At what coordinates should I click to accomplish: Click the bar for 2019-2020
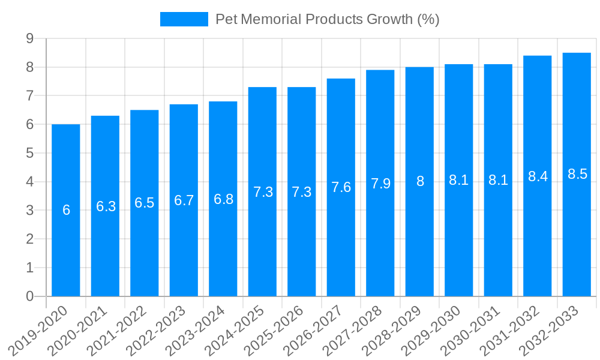(x=66, y=210)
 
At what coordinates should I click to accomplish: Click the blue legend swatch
(x=184, y=19)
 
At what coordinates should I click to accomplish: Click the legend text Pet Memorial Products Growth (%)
(x=328, y=19)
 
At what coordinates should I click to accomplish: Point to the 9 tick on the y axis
(x=29, y=39)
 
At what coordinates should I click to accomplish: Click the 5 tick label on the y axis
(x=29, y=154)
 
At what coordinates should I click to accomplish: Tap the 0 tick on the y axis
(x=29, y=296)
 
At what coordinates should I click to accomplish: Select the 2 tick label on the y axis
(x=29, y=239)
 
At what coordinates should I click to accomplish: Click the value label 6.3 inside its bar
(x=106, y=206)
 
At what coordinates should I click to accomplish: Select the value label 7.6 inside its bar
(x=341, y=187)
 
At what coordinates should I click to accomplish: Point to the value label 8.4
(x=538, y=176)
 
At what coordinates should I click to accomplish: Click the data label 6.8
(x=223, y=199)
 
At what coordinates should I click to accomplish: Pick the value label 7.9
(x=380, y=184)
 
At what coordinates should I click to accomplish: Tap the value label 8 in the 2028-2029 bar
(x=420, y=181)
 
